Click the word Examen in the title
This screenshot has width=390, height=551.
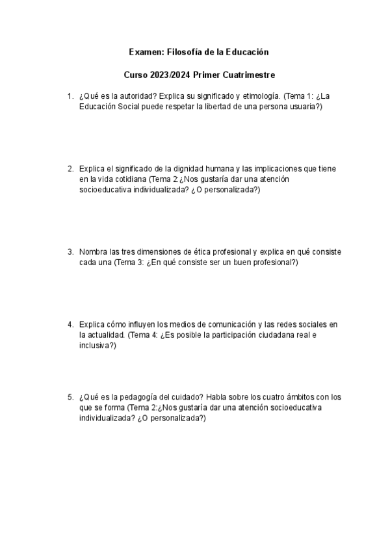pos(142,51)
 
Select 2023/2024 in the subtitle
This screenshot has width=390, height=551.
pos(171,75)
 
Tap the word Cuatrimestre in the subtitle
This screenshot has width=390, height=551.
pos(241,75)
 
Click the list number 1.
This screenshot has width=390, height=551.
pos(70,97)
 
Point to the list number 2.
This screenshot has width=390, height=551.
pos(70,169)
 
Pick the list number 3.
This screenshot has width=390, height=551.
pos(70,252)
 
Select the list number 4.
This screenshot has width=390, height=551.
pos(70,324)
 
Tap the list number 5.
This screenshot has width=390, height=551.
pos(70,397)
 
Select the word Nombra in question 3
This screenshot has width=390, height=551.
pos(93,252)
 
